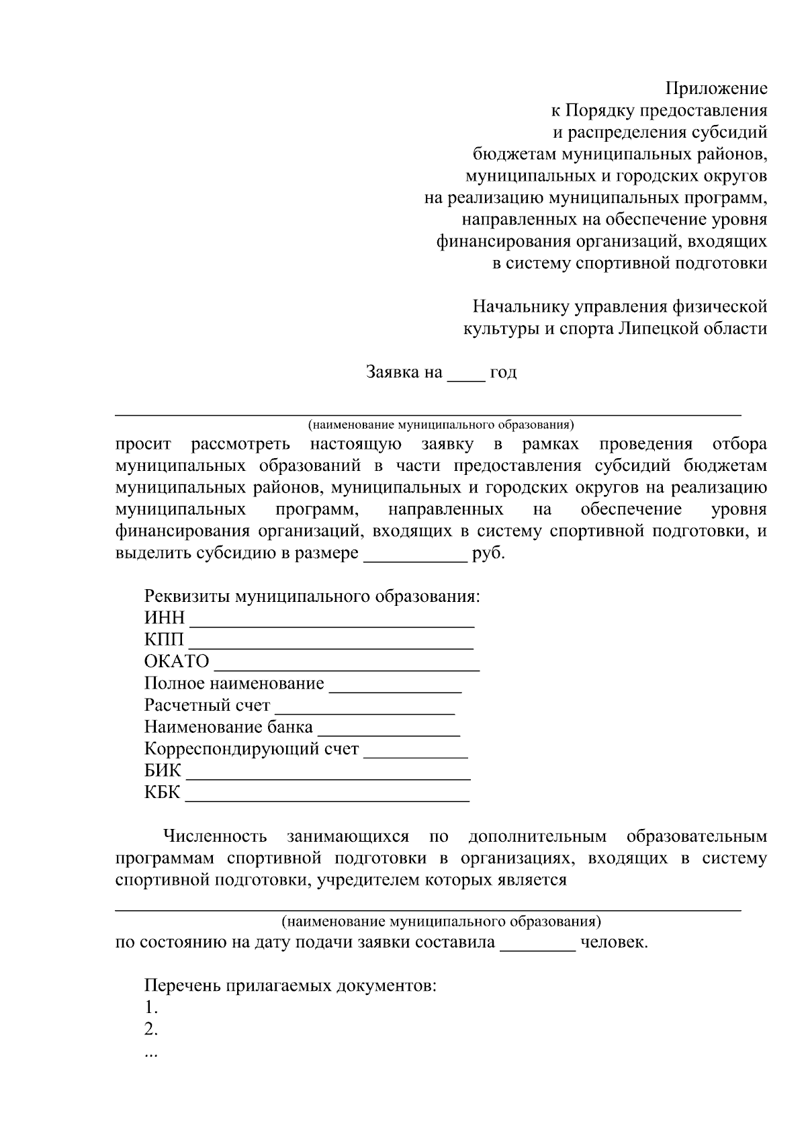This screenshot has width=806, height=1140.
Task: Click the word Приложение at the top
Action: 716,89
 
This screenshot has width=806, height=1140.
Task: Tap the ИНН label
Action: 164,618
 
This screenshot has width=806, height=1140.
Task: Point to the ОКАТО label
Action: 177,662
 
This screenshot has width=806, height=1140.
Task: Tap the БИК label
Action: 163,771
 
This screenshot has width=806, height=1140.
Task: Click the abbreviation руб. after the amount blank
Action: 489,554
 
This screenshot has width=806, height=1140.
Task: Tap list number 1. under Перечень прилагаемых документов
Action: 151,1008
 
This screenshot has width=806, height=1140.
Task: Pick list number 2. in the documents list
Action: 151,1029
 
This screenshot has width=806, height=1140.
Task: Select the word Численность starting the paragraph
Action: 216,837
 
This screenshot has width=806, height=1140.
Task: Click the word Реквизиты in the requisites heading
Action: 186,597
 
